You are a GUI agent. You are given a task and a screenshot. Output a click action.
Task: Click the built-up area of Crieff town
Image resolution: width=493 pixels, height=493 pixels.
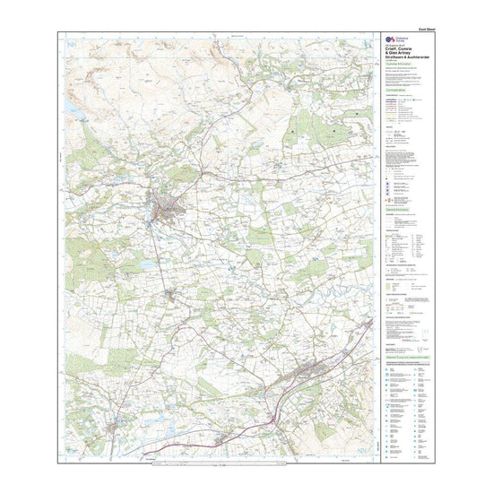[167, 208]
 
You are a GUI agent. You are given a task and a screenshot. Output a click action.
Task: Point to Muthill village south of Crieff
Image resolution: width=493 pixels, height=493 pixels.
[174, 294]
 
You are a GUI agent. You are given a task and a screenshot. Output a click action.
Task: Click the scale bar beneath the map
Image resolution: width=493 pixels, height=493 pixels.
[216, 464]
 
